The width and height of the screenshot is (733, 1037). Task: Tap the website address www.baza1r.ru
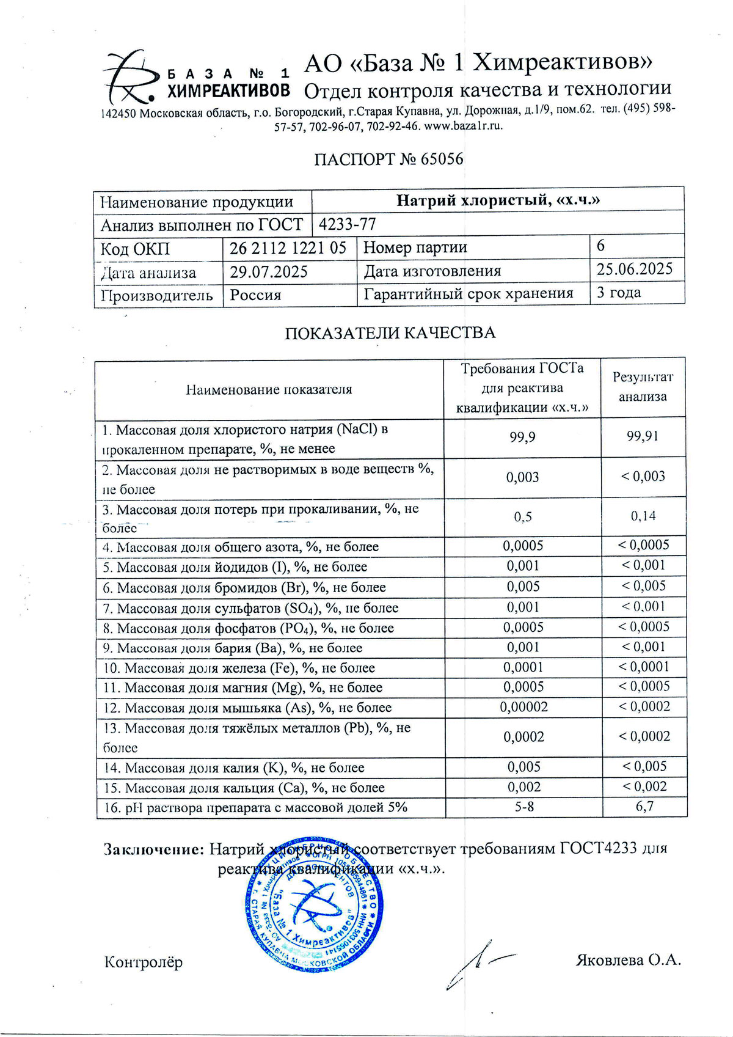[x=463, y=126]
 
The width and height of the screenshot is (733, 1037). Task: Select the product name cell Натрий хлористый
[x=498, y=200]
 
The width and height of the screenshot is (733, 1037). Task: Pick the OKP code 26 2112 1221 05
[x=288, y=248]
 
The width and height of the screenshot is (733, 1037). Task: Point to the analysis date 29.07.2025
[x=269, y=272]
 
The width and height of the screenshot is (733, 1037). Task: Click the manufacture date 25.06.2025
[x=635, y=269]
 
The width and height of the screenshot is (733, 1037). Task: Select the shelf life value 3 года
[x=619, y=293]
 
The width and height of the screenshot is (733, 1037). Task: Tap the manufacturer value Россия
[x=255, y=295]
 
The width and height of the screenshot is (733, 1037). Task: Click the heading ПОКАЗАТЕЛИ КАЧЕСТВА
[x=390, y=333]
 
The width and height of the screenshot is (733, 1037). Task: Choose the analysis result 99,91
[x=643, y=436]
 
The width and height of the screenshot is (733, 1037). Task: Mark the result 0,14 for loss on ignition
[x=643, y=516]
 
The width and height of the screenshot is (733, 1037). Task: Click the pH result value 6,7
[x=644, y=807]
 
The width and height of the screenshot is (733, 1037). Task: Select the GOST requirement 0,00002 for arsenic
[x=523, y=707]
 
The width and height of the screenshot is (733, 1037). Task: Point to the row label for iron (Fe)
[x=239, y=668]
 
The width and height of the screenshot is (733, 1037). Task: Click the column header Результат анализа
[x=643, y=387]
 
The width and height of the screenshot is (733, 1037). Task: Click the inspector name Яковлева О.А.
[x=628, y=960]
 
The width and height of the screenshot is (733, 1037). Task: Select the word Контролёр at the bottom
[x=144, y=962]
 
